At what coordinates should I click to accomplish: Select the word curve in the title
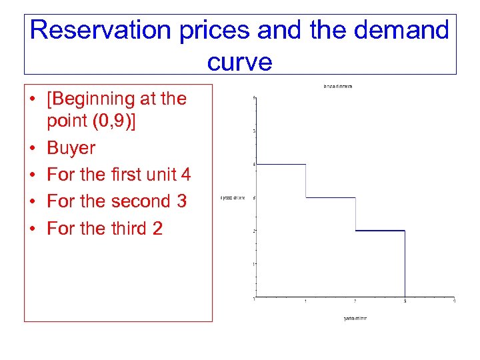(x=239, y=61)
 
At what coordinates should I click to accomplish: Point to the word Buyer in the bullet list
(x=71, y=148)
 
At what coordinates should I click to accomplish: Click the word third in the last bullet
(x=123, y=228)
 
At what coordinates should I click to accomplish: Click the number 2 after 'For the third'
(x=157, y=228)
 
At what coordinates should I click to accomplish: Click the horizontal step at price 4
(x=280, y=164)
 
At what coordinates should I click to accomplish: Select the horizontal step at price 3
(x=331, y=197)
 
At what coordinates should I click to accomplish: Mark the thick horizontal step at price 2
(x=380, y=231)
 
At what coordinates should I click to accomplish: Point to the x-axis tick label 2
(x=355, y=302)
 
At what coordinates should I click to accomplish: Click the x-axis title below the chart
(x=355, y=318)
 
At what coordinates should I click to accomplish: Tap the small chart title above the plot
(x=338, y=86)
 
